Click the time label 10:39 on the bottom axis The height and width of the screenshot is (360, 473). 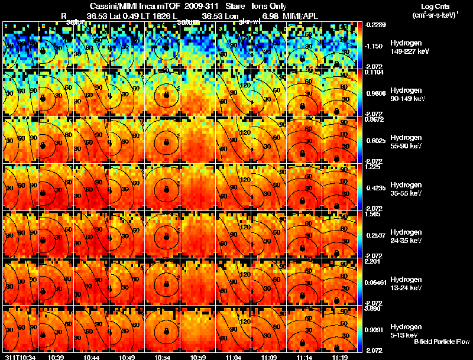(57, 357)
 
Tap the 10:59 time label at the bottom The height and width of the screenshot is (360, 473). (199, 357)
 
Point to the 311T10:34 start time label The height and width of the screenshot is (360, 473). (21, 357)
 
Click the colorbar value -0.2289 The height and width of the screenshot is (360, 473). (376, 25)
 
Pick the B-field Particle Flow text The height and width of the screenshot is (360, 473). (441, 342)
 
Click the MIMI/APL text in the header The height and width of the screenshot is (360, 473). (302, 15)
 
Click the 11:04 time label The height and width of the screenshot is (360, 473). (235, 357)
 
